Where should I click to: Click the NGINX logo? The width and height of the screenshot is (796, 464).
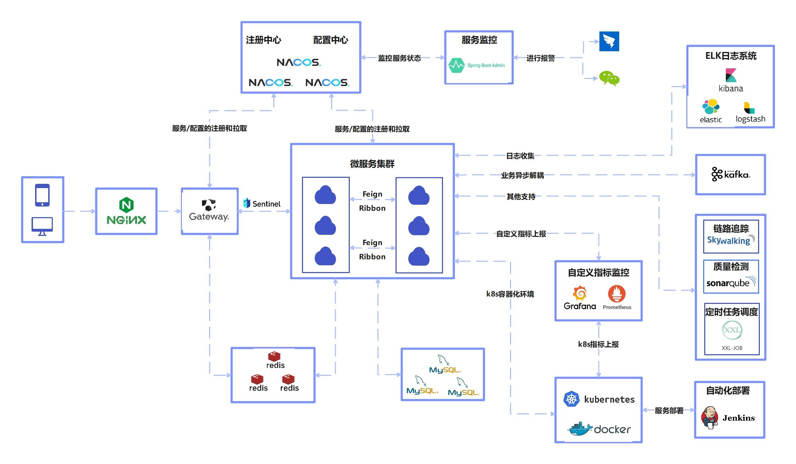tap(126, 211)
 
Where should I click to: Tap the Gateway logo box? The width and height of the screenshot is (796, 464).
tap(209, 211)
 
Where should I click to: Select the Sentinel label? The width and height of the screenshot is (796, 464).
tap(262, 204)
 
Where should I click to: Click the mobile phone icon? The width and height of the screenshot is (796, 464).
tap(43, 195)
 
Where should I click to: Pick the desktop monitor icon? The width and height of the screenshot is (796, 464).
tap(42, 226)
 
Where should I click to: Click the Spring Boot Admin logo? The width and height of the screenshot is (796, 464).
tap(477, 65)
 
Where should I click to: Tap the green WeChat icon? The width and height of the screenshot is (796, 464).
tap(609, 78)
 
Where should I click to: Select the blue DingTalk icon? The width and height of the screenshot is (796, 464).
tap(609, 41)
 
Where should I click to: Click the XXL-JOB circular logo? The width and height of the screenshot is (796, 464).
tap(732, 330)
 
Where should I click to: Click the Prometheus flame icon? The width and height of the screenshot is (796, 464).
tap(617, 294)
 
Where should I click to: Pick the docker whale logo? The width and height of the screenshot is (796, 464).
tap(580, 429)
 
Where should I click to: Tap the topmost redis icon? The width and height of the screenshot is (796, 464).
tap(274, 356)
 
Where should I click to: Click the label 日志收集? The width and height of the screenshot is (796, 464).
tap(520, 156)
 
